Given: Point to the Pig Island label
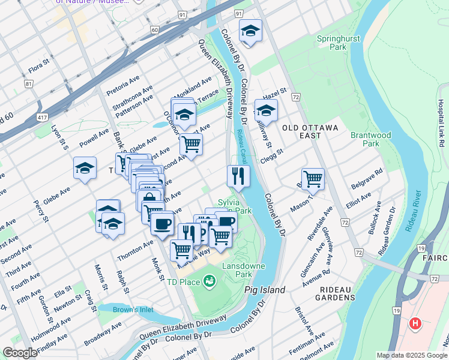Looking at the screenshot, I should (265, 290).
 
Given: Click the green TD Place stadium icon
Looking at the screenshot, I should (209, 280).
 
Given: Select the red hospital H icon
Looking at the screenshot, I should (414, 324).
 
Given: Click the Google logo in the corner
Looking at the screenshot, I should (20, 353).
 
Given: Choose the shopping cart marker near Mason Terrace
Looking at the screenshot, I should (313, 178).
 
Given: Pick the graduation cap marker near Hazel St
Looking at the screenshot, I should (266, 110).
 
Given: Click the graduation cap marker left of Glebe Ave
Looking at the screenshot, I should (85, 168).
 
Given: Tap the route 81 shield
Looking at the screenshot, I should (28, 84).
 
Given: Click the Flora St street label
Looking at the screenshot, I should (42, 71).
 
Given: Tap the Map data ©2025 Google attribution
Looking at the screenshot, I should (412, 355).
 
